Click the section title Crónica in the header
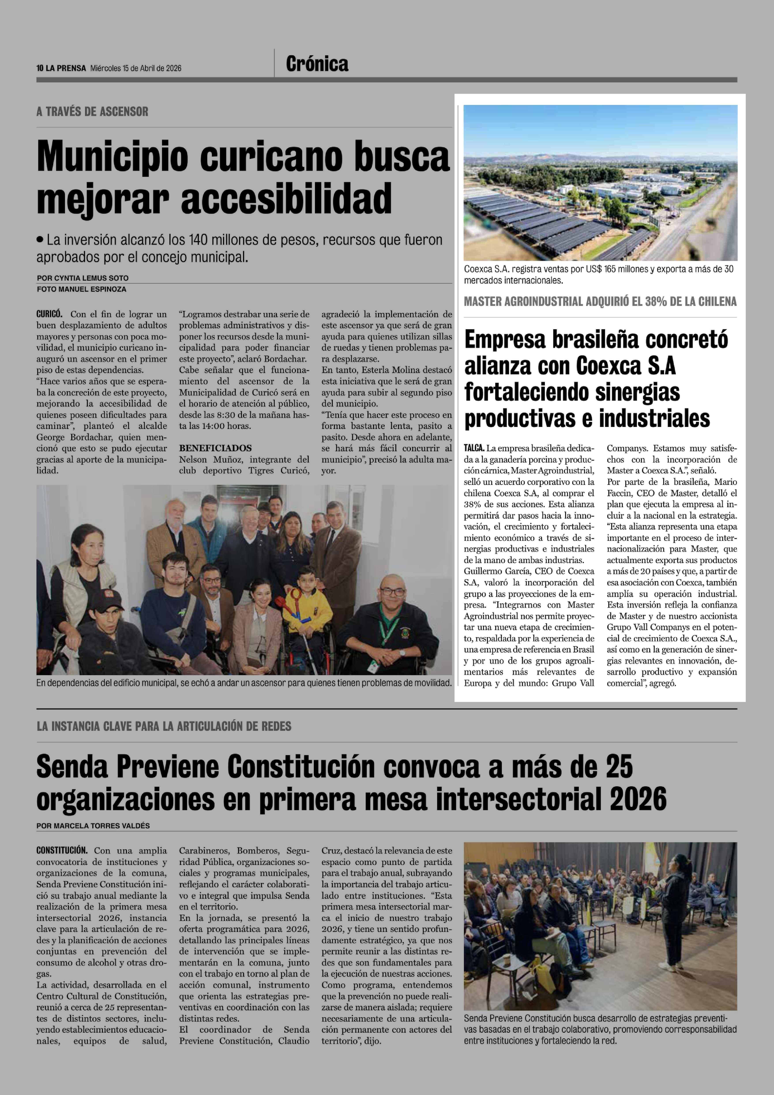click(317, 64)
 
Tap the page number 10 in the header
click(40, 68)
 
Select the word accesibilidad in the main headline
click(286, 198)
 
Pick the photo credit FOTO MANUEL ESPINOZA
click(82, 289)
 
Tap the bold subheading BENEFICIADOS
click(215, 448)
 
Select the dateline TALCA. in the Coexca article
click(474, 448)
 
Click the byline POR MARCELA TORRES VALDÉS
click(93, 826)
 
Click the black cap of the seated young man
click(106, 600)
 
